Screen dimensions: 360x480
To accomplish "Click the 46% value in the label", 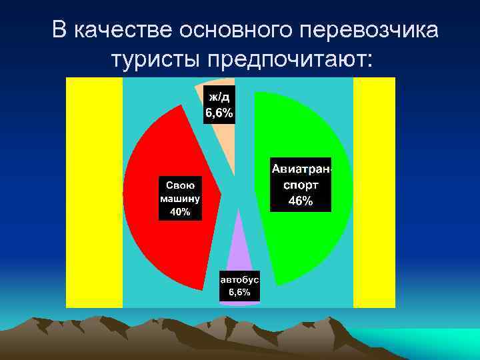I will tap(300, 201).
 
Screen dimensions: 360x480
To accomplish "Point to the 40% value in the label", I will tap(180, 212).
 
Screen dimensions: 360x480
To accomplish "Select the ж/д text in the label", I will tap(218, 98).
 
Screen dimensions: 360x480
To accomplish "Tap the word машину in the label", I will tap(180, 198).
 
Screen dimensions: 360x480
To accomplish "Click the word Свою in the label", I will tap(180, 185).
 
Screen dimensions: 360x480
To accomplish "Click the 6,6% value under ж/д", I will tap(219, 113).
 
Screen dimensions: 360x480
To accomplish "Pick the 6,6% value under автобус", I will tap(240, 293).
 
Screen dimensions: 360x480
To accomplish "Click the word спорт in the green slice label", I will tap(300, 186).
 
